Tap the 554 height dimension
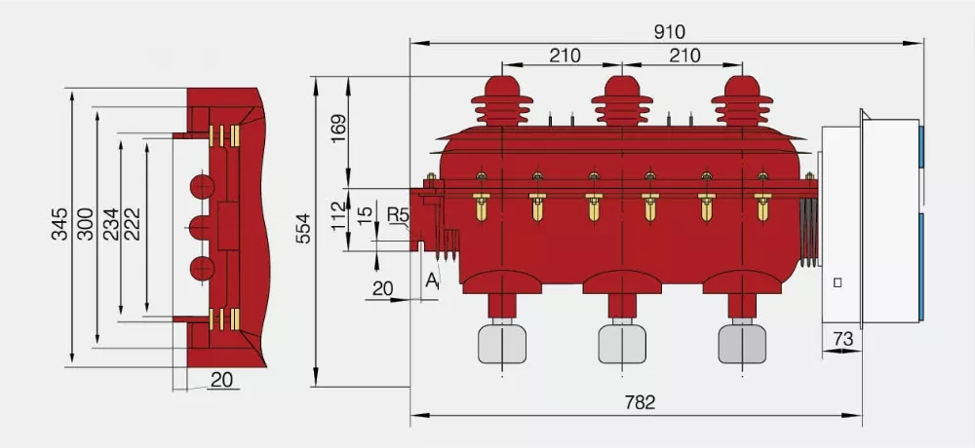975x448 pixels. point(301,230)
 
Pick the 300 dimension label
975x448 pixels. point(85,225)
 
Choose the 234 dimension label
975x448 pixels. point(110,225)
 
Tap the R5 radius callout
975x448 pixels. point(397,213)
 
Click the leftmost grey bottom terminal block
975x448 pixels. point(501,343)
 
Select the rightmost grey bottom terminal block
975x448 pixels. point(742,343)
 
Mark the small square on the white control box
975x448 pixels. point(838,282)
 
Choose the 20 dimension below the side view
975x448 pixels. point(223,381)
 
